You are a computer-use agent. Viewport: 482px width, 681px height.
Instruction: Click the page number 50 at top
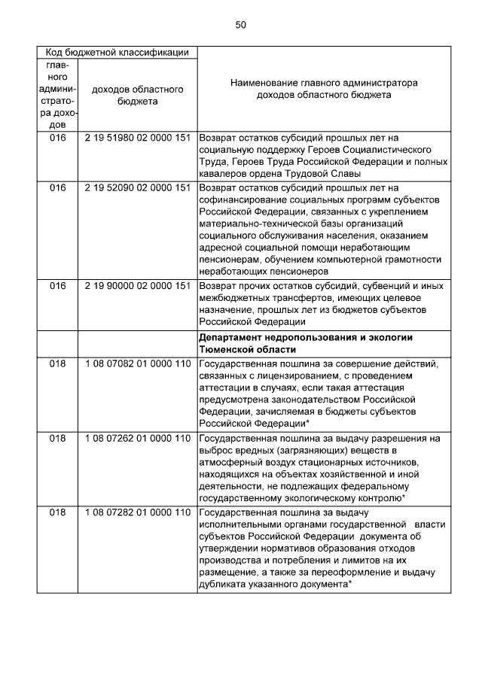[240, 25]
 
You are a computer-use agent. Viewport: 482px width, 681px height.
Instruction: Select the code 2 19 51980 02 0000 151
[137, 138]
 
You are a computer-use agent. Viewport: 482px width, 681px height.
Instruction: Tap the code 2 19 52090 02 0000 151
[137, 187]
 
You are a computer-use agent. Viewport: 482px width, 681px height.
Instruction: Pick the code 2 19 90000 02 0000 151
[137, 285]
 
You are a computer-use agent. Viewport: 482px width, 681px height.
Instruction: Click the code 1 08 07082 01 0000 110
[137, 364]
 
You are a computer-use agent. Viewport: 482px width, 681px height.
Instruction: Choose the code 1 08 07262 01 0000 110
[137, 438]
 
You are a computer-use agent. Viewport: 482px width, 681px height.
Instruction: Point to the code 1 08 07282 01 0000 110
[137, 512]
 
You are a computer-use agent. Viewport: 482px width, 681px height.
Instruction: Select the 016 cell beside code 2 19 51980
[58, 138]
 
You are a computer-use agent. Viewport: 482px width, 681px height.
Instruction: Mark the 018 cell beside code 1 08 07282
[58, 512]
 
